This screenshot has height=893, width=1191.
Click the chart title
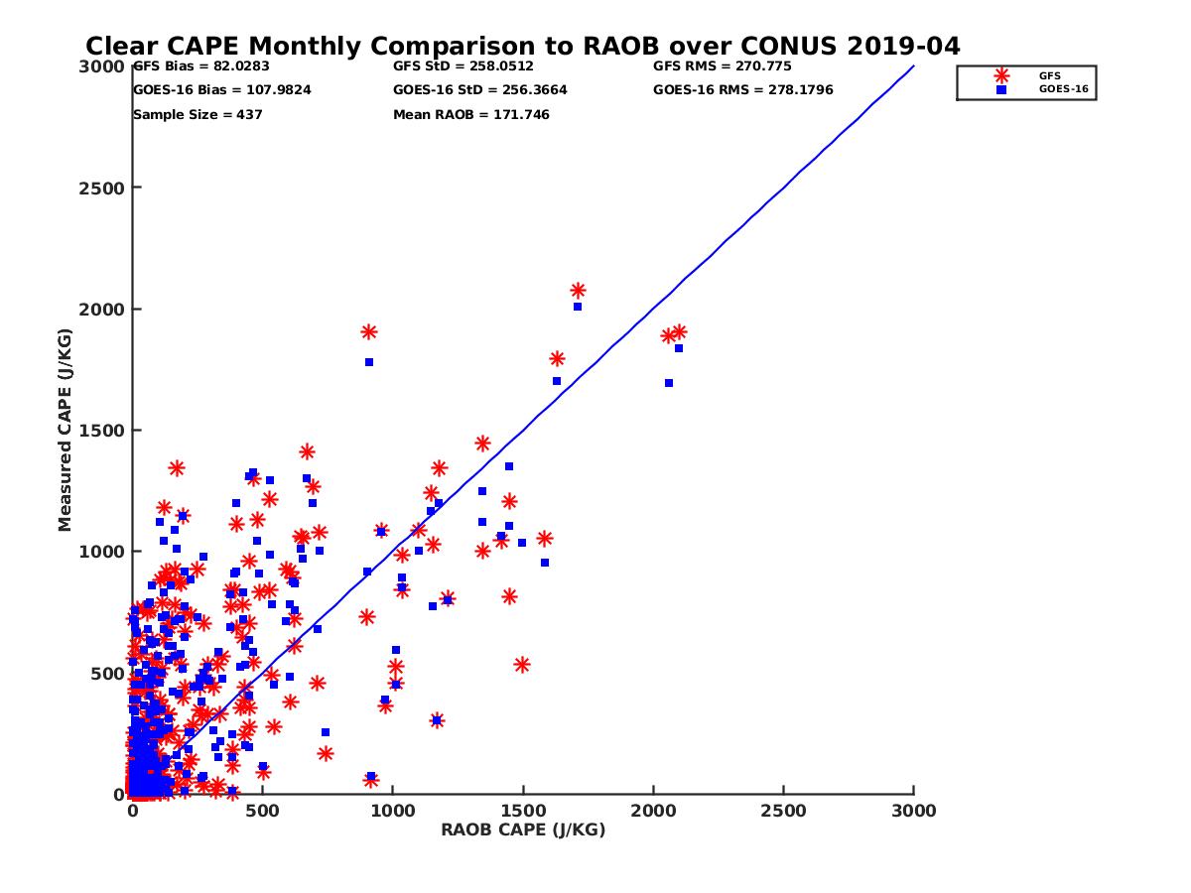[x=522, y=47]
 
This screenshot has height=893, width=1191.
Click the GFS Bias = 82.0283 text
[x=201, y=66]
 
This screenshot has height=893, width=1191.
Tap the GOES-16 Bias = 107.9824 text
[x=222, y=89]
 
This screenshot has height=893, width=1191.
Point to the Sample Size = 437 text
[x=198, y=114]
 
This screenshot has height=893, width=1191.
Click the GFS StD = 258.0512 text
[x=463, y=66]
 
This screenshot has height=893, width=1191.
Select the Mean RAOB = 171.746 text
[x=471, y=114]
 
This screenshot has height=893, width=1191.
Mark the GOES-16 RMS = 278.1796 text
[x=743, y=89]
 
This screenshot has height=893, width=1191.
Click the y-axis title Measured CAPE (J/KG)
[x=66, y=430]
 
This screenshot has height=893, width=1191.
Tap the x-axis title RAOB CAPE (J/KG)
[x=523, y=829]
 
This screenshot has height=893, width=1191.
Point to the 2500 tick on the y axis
[x=96, y=188]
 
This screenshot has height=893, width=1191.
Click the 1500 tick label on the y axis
[x=96, y=431]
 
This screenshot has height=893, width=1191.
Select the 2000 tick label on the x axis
[x=653, y=811]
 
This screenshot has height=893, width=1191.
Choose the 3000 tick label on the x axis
[x=913, y=811]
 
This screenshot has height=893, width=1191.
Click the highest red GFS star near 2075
[x=578, y=291]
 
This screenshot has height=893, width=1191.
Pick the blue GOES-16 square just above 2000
[x=578, y=307]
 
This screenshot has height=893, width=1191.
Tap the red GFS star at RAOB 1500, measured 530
[x=522, y=665]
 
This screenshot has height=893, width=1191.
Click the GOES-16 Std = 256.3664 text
[x=480, y=89]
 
